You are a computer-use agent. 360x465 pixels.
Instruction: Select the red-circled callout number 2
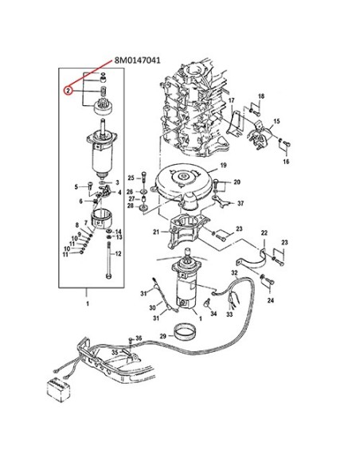(x=69, y=91)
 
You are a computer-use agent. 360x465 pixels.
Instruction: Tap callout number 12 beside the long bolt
(x=118, y=254)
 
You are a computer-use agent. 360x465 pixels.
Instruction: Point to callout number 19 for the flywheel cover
(x=224, y=166)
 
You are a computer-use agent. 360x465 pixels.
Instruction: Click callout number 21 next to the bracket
(x=156, y=232)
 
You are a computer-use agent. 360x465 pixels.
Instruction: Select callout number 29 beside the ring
(x=163, y=338)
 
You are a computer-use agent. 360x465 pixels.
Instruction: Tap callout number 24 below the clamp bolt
(x=270, y=301)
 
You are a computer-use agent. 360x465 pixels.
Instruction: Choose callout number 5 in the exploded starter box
(x=77, y=186)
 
